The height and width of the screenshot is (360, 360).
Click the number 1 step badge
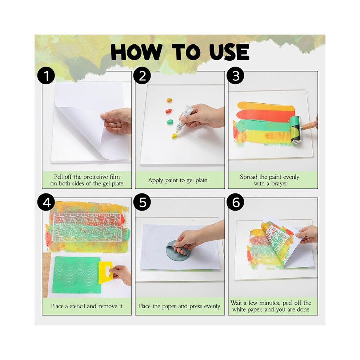tap(46, 75)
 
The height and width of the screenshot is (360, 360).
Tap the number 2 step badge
tap(142, 75)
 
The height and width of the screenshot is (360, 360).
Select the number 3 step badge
tap(236, 75)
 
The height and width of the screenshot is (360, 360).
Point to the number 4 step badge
tap(46, 202)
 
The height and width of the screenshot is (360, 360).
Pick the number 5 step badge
tap(142, 202)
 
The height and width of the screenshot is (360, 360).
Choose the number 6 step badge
tap(236, 202)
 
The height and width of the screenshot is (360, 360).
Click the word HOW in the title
tap(136, 52)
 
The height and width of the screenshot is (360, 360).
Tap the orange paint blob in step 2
tap(169, 100)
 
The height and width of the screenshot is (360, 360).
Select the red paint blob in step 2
tap(169, 111)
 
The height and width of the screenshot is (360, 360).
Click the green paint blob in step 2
tap(170, 121)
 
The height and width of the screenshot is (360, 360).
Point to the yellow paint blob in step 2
tap(175, 136)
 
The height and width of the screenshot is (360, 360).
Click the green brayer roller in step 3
tap(295, 129)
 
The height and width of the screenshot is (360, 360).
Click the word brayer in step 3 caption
tap(279, 184)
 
